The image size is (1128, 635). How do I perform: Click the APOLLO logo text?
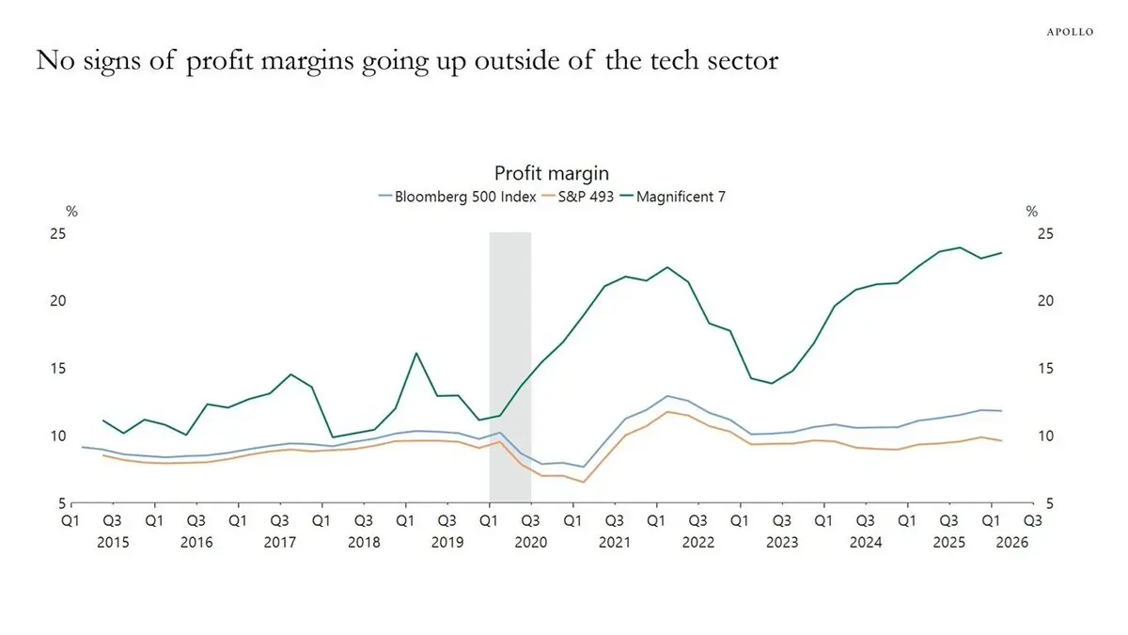pos(1070,32)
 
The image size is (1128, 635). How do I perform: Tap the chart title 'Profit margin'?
pos(552,173)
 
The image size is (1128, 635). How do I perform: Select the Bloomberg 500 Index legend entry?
pos(458,197)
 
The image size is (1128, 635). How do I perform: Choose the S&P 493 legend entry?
pos(578,197)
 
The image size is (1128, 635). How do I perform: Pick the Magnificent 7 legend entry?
pos(673,197)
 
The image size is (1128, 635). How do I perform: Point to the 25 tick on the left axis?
pos(58,234)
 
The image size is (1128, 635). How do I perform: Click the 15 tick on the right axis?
pos(1045,369)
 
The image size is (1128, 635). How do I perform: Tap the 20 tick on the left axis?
pos(58,301)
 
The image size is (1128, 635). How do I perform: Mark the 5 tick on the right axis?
pos(1049,503)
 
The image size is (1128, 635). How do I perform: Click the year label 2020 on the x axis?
pos(531,542)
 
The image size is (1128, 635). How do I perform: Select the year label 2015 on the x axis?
pos(113,542)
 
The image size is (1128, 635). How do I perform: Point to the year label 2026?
pos(1012,542)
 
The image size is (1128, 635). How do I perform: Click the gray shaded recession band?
pos(510,367)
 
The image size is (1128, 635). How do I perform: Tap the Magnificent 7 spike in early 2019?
pos(416,354)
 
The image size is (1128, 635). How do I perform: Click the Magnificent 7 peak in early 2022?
pos(667,267)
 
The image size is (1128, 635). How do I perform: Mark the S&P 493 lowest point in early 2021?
pos(584,482)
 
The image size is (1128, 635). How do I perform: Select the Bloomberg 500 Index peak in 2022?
pos(667,396)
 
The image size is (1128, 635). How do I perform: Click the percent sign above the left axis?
pos(72,212)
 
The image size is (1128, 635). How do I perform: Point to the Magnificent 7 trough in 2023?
pos(772,383)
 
